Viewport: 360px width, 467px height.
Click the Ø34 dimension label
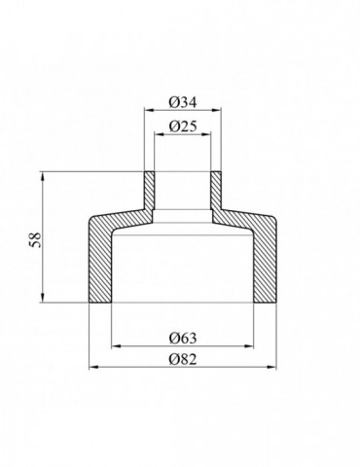pyautogui.click(x=183, y=103)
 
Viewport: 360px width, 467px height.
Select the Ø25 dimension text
pyautogui.click(x=183, y=126)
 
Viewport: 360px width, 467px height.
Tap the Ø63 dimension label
pyautogui.click(x=183, y=339)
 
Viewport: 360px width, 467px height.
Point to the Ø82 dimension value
pyautogui.click(x=183, y=359)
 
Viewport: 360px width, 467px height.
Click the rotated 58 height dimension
pyautogui.click(x=36, y=240)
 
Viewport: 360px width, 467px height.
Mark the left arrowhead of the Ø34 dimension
pyautogui.click(x=149, y=110)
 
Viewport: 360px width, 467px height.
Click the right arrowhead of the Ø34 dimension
pyautogui.click(x=217, y=110)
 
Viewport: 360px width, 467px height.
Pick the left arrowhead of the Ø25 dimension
pyautogui.click(x=159, y=133)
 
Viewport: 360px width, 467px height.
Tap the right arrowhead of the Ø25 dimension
pyautogui.click(x=206, y=133)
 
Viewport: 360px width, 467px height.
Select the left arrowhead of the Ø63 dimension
pyautogui.click(x=116, y=346)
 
